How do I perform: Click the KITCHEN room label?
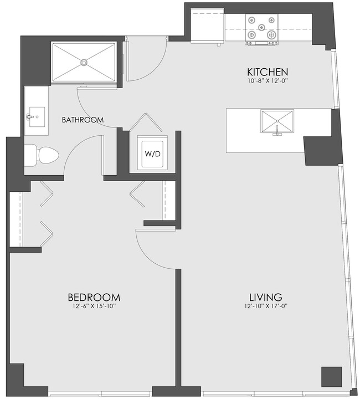coord(267,72)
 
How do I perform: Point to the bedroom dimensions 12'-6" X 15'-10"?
coord(94,306)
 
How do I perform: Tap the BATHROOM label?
coord(83,120)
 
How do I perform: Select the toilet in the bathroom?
coord(42,154)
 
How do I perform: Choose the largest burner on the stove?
coord(271,34)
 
